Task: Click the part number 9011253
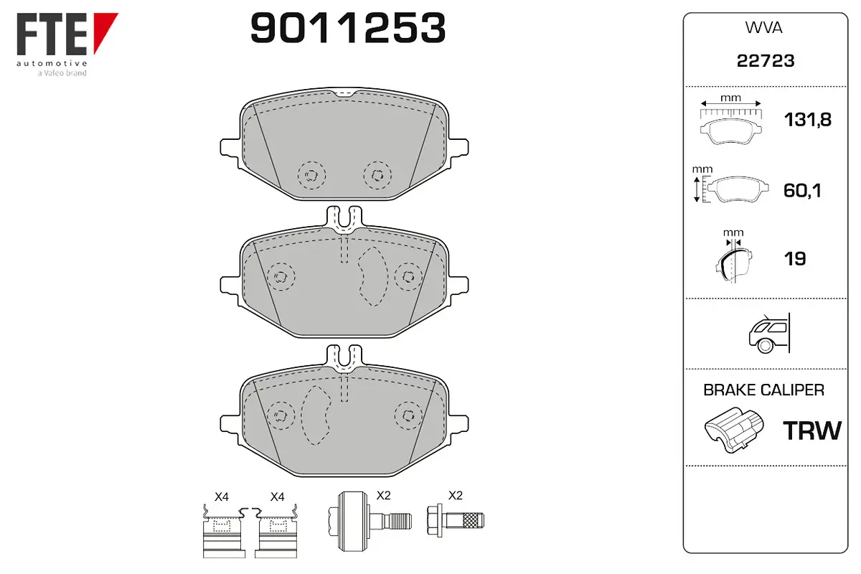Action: pyautogui.click(x=348, y=28)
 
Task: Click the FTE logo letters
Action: pyautogui.click(x=52, y=34)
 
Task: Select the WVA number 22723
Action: pyautogui.click(x=766, y=61)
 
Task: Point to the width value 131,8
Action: pyautogui.click(x=808, y=120)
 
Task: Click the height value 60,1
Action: pyautogui.click(x=802, y=190)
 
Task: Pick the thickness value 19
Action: pyautogui.click(x=795, y=258)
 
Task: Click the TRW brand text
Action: pyautogui.click(x=812, y=430)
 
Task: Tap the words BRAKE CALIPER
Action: pyautogui.click(x=763, y=390)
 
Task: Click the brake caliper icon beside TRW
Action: pyautogui.click(x=734, y=430)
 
